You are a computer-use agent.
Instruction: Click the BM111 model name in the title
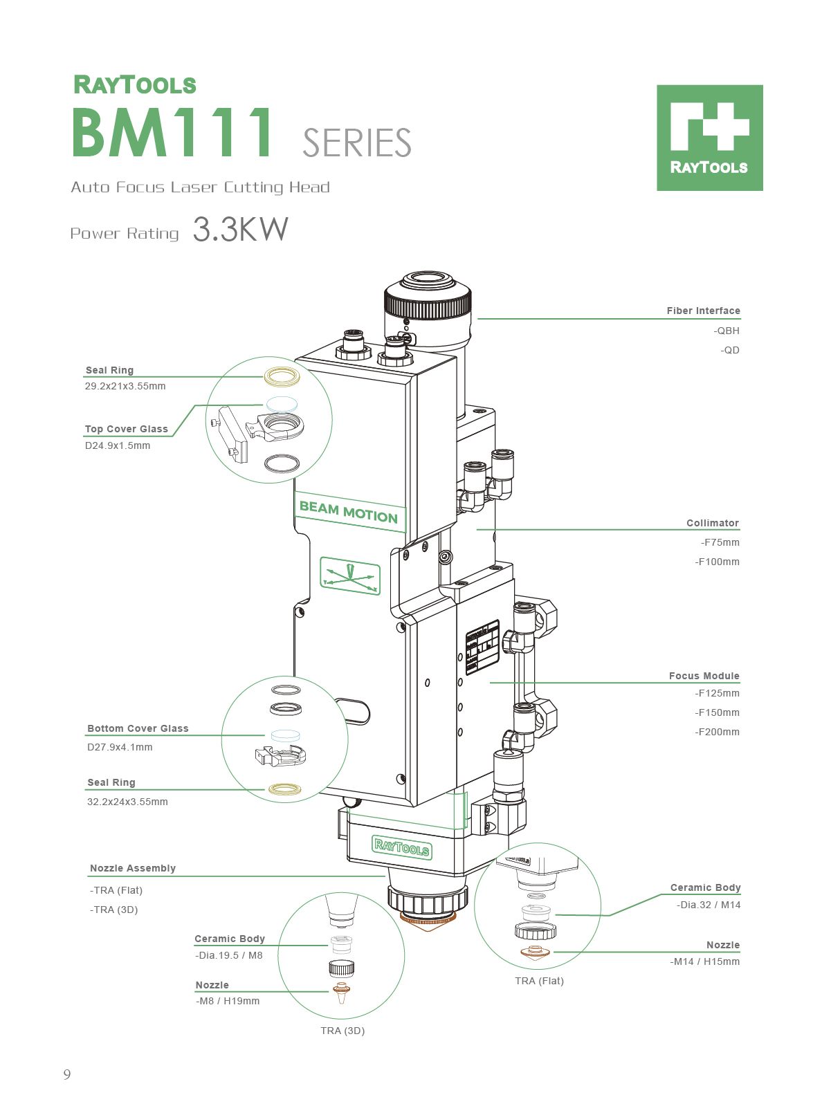coord(173,133)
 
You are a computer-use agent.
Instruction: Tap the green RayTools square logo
coord(709,138)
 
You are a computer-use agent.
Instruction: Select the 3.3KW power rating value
coord(240,230)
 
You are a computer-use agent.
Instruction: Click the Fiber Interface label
coord(703,311)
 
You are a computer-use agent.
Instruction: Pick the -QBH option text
coord(727,331)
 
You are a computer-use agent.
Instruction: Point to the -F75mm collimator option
coord(720,542)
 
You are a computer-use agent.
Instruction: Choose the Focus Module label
coord(704,676)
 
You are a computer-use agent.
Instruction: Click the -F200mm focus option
coord(717,732)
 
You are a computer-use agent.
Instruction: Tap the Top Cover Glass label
coord(127,429)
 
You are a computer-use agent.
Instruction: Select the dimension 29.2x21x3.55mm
coord(125,386)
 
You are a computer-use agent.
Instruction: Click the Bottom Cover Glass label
coord(138,728)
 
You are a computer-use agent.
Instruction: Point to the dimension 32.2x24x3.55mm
coord(127,802)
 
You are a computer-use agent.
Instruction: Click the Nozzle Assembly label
coord(133,868)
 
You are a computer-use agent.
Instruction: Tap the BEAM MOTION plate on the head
coord(349,513)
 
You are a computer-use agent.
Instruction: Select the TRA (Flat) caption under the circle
coord(539,981)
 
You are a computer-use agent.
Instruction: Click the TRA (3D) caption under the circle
coord(342,1031)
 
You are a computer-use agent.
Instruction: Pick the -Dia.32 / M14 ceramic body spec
coord(709,905)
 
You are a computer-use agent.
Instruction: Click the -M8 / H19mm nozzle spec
coord(228,1001)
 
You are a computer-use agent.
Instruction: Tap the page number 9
coord(67,1074)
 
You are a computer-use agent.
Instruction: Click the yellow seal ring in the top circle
coord(282,376)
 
